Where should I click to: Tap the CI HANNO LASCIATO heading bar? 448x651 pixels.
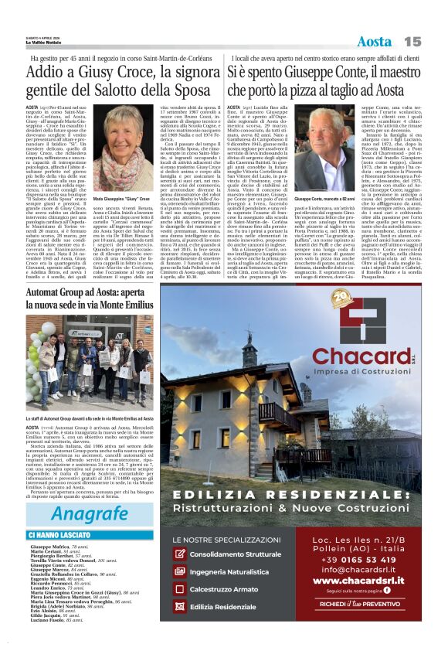coord(60,535)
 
